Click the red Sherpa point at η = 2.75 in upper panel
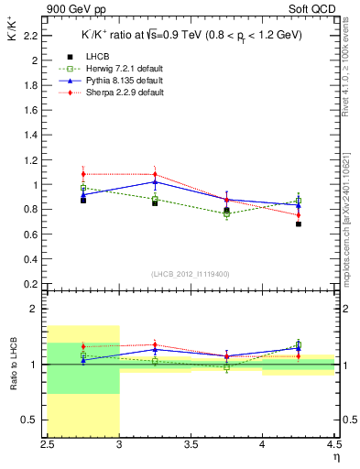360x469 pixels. (x=83, y=174)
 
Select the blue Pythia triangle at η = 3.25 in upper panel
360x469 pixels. (x=155, y=181)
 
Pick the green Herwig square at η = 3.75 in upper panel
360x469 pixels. (x=226, y=213)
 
